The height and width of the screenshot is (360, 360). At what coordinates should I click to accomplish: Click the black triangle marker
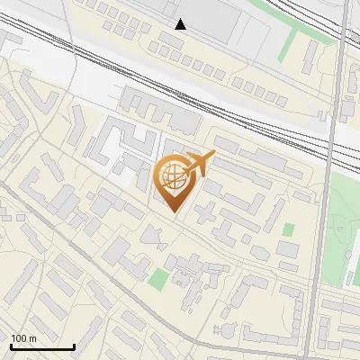point(181,24)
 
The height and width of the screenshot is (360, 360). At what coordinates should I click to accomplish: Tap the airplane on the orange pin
point(199,162)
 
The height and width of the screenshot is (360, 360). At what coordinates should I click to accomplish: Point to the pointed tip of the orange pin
point(173,212)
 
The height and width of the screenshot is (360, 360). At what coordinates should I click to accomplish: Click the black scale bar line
point(42,347)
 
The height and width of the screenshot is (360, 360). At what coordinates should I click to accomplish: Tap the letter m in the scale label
point(33,338)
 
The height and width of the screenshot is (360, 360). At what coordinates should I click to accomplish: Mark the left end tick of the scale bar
point(11,346)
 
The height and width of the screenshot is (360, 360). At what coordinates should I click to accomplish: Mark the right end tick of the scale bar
point(74,346)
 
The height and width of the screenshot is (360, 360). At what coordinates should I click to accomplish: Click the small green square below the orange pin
point(158,279)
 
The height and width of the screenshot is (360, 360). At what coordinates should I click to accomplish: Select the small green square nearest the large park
point(288,229)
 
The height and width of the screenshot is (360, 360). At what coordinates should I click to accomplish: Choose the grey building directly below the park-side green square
point(287,248)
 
